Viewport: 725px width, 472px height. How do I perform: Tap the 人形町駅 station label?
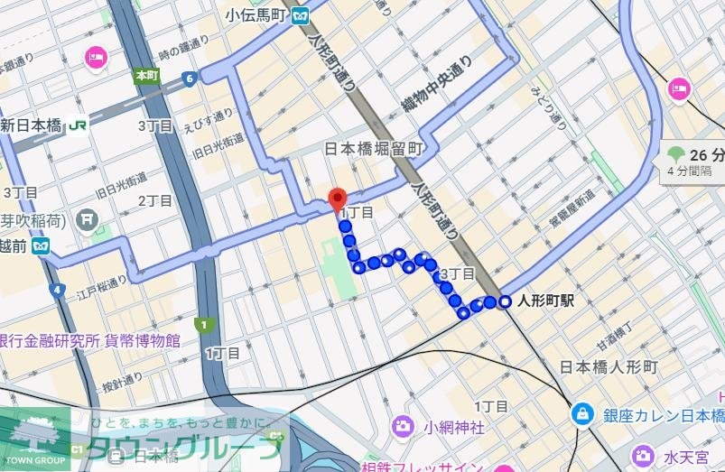coord(547,302)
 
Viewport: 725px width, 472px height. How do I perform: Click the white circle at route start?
coord(505,301)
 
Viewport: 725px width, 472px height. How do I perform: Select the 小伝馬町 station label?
coord(257,14)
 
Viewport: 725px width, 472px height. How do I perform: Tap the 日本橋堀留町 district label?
coord(373,149)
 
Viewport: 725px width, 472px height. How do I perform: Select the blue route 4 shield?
coord(58,291)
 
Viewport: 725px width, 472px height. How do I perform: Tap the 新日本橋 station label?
coord(34,125)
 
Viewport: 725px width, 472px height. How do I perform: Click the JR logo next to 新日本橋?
coord(79,125)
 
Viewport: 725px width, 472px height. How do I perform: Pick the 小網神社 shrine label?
coord(455,425)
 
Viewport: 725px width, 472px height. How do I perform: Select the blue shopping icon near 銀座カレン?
coord(582,414)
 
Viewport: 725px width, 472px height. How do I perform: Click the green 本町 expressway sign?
coord(145,75)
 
